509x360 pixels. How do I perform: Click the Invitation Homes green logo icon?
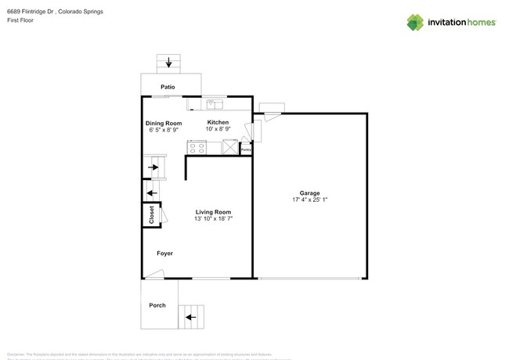point(415,22)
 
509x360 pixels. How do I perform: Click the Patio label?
point(168,87)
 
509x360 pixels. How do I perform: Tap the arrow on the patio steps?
point(168,62)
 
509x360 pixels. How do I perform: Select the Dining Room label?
point(164,123)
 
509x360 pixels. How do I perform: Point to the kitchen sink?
point(215,103)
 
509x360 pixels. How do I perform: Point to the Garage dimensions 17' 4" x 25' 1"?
point(310,200)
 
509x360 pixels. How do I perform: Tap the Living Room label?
point(213,212)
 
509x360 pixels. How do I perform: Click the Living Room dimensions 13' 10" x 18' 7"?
point(213,219)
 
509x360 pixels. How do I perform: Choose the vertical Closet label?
point(151,215)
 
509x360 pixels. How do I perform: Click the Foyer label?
point(164,254)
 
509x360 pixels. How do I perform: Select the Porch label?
point(157,304)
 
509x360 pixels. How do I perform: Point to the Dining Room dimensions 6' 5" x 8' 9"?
point(164,130)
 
